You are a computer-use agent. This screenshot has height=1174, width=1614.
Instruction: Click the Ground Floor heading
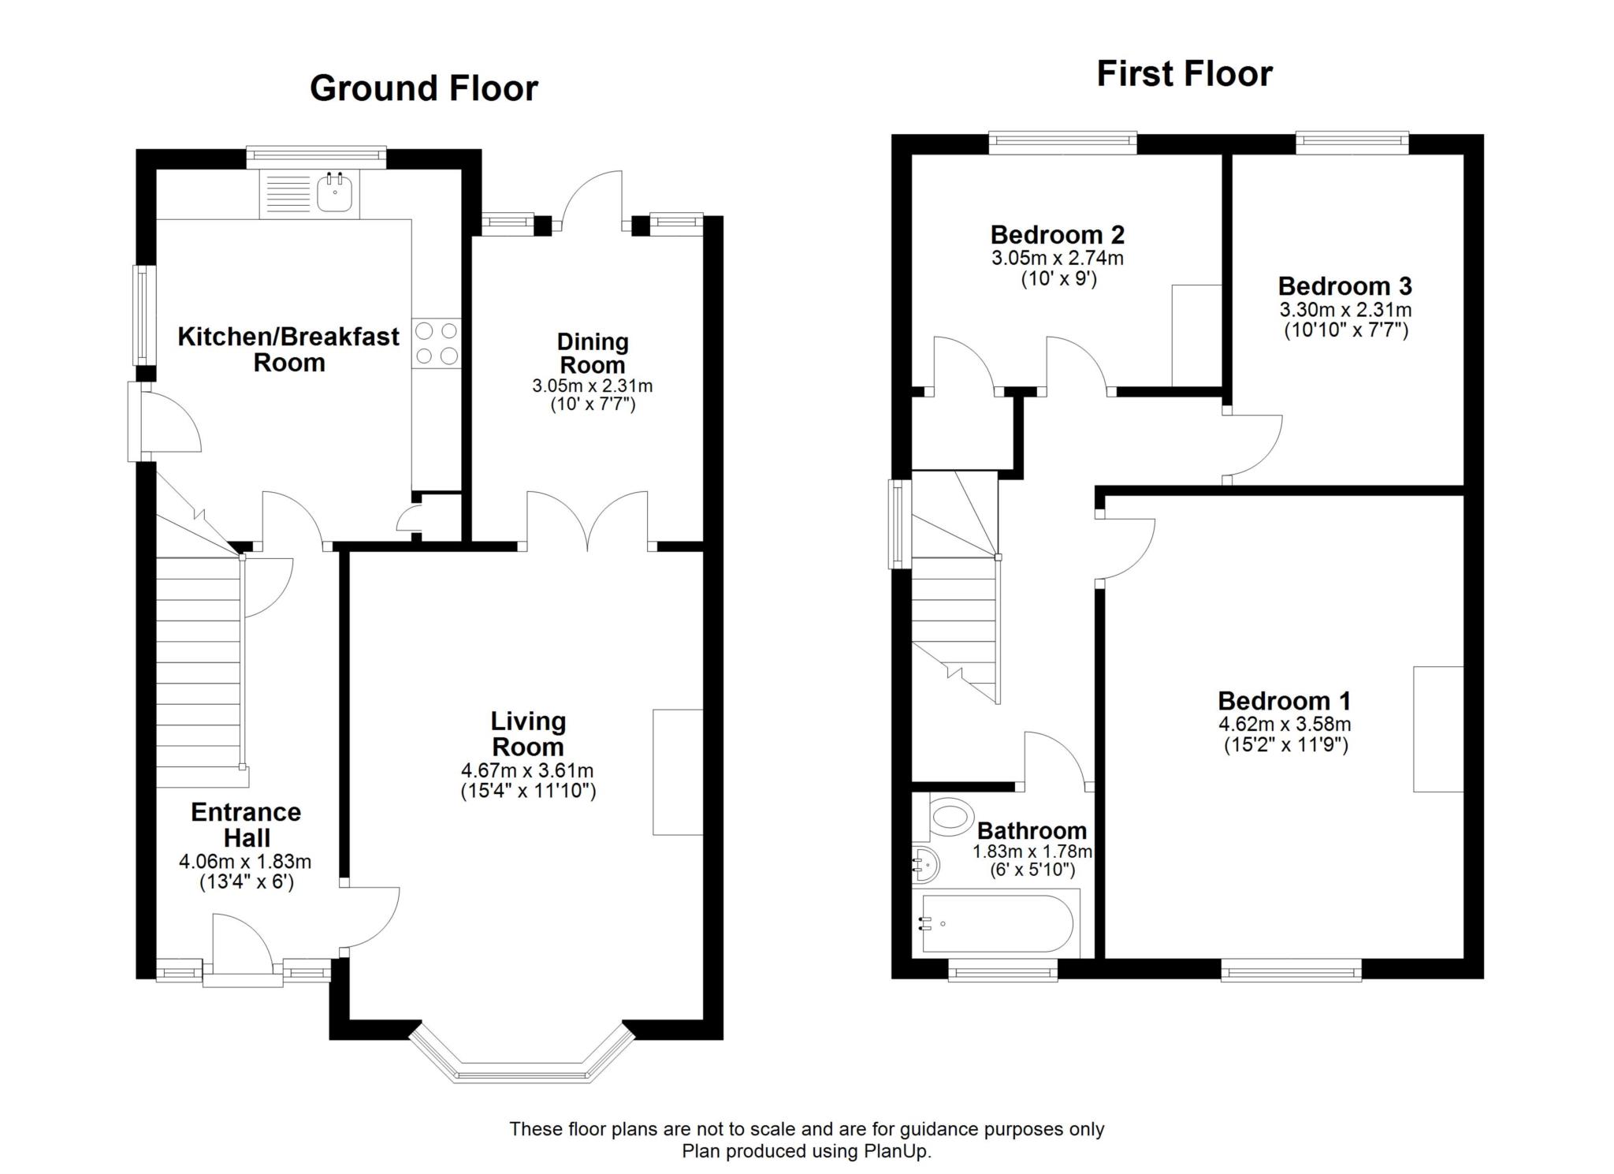[424, 88]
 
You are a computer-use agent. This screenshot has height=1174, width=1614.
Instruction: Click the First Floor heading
[1184, 74]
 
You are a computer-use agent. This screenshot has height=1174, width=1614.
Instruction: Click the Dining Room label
[593, 353]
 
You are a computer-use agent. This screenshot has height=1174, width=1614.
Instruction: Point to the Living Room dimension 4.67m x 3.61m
[527, 770]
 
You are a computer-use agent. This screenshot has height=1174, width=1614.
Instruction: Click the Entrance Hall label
[247, 825]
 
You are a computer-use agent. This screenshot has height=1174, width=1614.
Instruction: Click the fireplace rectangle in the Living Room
[678, 772]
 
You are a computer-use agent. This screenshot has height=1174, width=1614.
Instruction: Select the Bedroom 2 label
[1057, 235]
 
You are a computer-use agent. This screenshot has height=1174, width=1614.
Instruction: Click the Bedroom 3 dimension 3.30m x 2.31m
[1346, 310]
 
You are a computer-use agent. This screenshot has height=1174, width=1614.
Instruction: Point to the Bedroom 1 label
[1285, 700]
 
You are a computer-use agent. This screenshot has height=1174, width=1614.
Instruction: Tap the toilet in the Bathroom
[946, 817]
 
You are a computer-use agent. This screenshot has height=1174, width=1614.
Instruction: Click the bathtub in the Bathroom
[997, 923]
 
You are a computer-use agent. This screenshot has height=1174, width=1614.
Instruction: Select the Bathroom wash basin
[925, 866]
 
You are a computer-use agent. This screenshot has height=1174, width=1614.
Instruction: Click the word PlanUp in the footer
[896, 1151]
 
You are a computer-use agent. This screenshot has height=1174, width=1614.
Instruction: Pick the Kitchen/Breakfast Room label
[288, 349]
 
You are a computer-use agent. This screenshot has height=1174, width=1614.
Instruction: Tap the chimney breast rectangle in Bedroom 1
[1438, 729]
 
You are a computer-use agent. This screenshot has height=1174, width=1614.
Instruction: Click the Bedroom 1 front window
[1291, 970]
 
